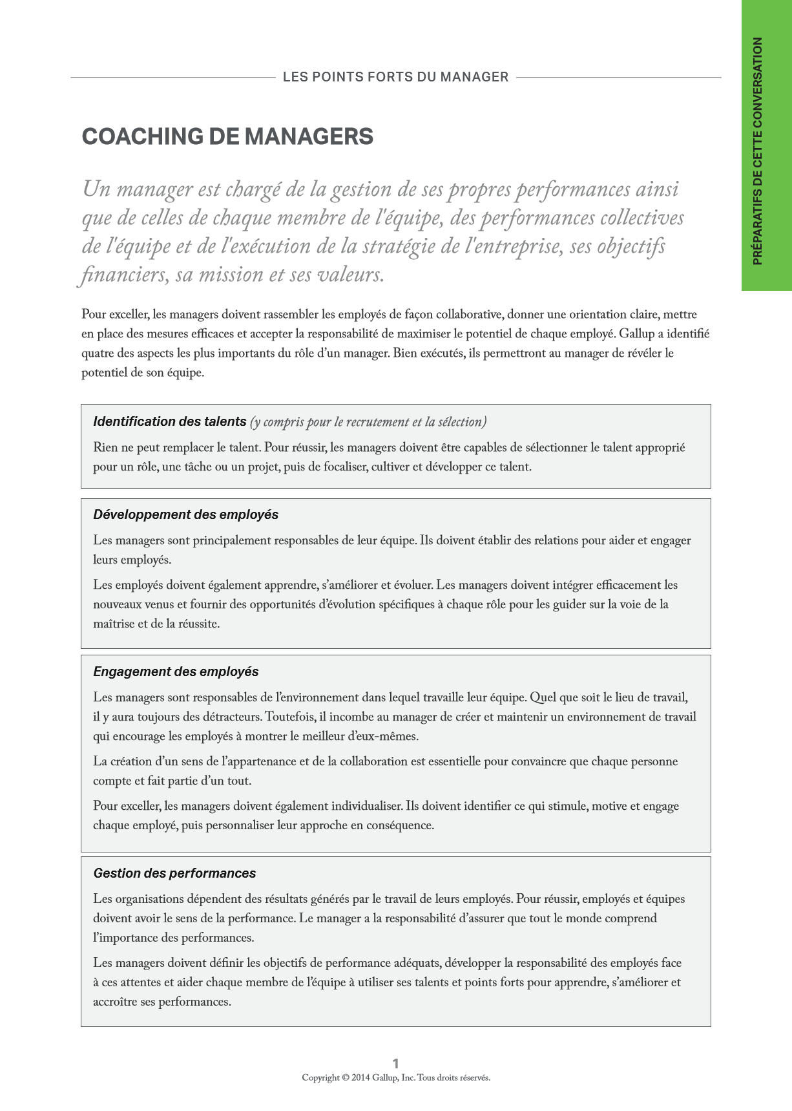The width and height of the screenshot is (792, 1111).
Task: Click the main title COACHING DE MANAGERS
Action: (227, 136)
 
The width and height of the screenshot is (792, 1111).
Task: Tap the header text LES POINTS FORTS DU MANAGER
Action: (395, 77)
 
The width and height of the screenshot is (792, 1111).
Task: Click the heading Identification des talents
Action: (169, 421)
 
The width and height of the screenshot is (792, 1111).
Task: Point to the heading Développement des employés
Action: (185, 514)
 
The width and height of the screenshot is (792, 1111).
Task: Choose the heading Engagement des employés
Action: (176, 672)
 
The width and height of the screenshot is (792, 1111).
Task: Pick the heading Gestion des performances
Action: (174, 873)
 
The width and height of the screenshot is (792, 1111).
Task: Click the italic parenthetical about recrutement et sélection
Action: (368, 422)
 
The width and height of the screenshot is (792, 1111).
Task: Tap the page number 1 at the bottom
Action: (396, 1063)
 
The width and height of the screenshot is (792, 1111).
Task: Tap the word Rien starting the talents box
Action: (105, 447)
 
